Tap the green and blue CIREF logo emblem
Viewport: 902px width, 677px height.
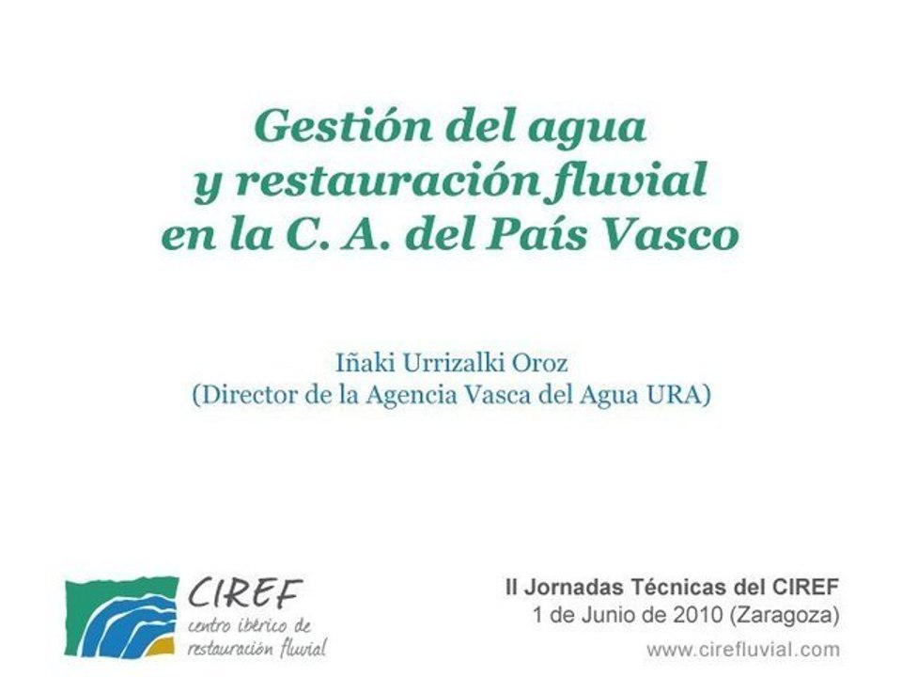tap(120, 616)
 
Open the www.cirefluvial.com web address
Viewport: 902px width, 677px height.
tap(742, 649)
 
